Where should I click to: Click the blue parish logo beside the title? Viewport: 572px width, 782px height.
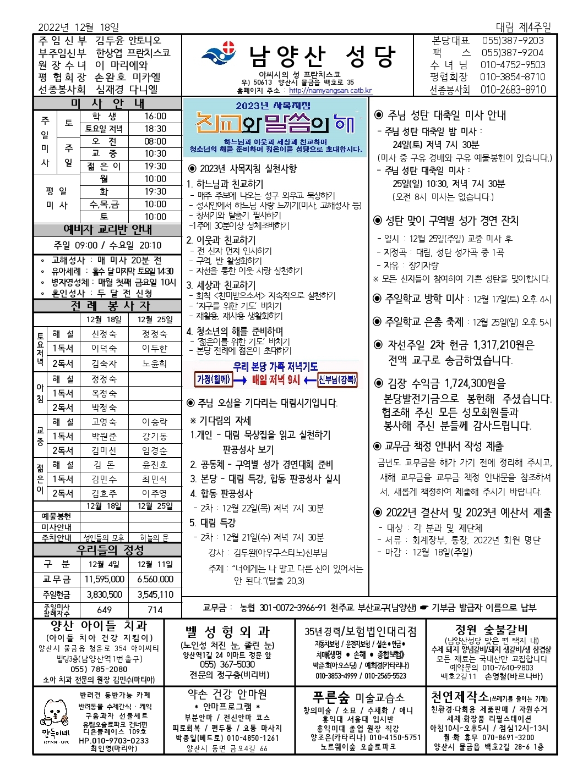[219, 54]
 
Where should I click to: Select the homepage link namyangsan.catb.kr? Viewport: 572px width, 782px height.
[330, 91]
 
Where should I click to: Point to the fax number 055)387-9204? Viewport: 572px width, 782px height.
[512, 53]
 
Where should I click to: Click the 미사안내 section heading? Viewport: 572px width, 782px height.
[107, 103]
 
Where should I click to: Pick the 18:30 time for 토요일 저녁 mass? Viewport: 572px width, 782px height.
[155, 129]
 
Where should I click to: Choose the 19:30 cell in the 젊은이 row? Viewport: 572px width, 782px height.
[155, 166]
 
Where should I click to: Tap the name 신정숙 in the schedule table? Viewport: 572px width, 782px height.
[104, 334]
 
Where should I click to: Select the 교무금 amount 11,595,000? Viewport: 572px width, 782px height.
[104, 579]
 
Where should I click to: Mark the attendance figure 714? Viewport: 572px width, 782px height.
[155, 610]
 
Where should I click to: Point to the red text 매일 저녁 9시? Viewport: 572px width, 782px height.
[276, 379]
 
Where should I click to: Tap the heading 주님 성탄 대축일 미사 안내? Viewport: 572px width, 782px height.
[446, 115]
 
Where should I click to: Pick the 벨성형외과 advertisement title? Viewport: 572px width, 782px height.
[227, 632]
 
